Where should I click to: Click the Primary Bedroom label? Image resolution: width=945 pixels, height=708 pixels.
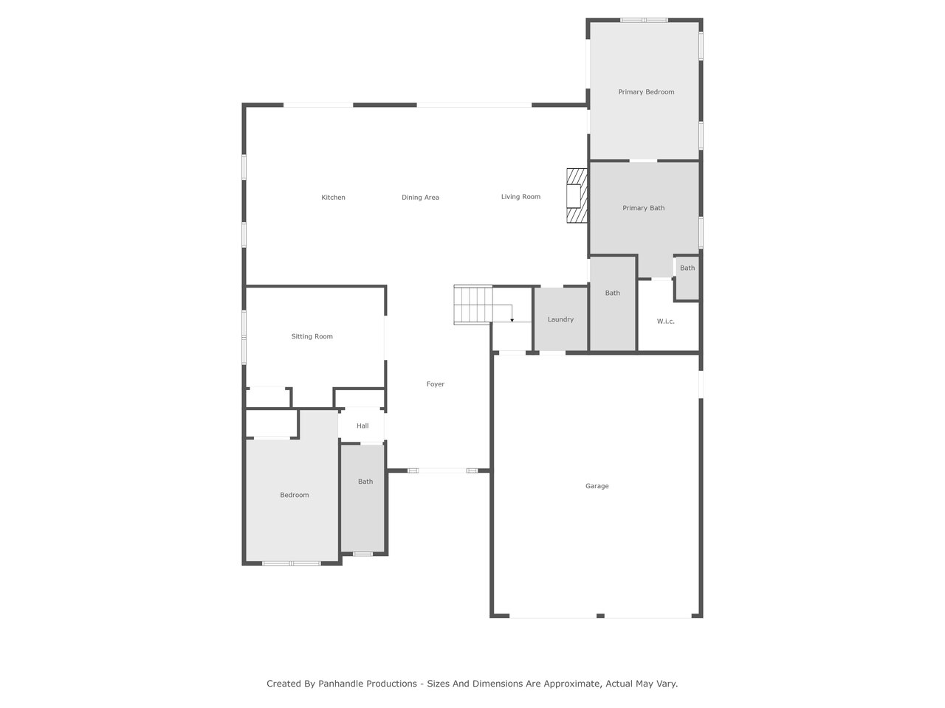[x=646, y=92]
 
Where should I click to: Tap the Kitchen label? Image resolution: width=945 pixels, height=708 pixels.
[x=333, y=198]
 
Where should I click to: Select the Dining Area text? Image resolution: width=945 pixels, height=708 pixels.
[x=420, y=198]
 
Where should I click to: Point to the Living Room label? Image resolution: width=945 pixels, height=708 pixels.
[x=520, y=196]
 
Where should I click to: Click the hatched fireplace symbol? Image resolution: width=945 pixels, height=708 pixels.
[x=577, y=195]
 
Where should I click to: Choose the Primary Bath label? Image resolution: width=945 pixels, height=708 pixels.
[x=643, y=208]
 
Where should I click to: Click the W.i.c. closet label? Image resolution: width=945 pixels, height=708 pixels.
[x=665, y=321]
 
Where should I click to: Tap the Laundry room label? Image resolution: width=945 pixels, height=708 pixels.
[x=560, y=319]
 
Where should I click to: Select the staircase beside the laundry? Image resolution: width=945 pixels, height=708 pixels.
[x=473, y=305]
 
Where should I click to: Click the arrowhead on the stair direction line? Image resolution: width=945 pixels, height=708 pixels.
[x=512, y=320]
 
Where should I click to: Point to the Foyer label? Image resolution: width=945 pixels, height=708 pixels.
[x=436, y=384]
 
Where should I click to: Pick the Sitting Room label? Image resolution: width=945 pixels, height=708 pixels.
[x=312, y=336]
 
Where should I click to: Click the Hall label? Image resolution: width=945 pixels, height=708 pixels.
[x=362, y=426]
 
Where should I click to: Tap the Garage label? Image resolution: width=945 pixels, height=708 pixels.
[x=597, y=486]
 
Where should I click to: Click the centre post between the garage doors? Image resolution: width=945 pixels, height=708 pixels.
[x=600, y=616]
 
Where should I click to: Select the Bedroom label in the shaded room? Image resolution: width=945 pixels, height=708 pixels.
[x=294, y=495]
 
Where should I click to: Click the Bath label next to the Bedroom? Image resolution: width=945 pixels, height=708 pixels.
[x=365, y=482]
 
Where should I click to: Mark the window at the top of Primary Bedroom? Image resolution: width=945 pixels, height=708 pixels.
[x=644, y=20]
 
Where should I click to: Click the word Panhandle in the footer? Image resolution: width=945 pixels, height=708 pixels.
[x=368, y=684]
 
